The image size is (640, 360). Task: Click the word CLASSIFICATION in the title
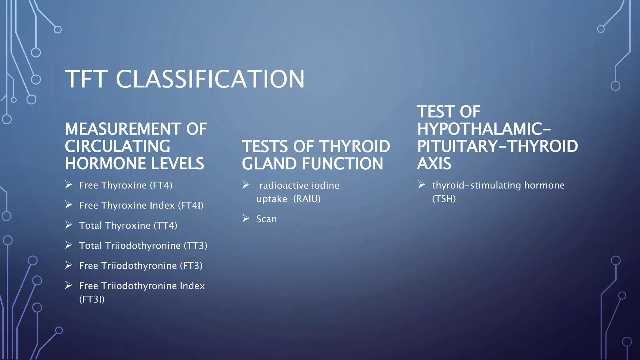point(210,79)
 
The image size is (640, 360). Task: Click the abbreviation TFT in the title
point(86,79)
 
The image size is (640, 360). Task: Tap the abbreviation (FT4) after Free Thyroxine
point(161,185)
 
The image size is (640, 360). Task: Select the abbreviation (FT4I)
point(191,205)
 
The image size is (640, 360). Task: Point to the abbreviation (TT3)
point(195,246)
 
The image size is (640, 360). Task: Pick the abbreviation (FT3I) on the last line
point(92,299)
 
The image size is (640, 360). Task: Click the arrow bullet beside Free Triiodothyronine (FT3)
point(69,265)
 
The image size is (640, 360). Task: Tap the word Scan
point(267,219)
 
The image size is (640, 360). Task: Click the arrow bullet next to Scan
point(246,218)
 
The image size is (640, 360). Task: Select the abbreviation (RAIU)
point(307,199)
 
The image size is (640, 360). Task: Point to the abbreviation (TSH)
point(444,199)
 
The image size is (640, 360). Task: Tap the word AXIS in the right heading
point(434,163)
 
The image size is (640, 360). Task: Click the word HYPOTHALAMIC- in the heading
point(484,129)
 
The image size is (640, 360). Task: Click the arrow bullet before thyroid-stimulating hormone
point(422,185)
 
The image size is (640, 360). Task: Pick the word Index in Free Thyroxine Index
point(162,205)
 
